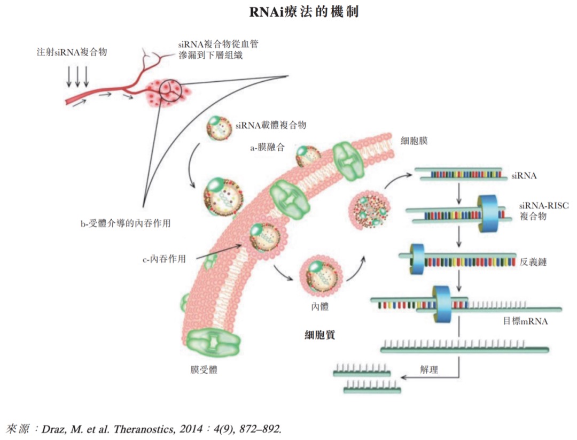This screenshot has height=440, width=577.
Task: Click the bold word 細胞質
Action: [319, 335]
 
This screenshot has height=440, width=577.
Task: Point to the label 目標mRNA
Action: [525, 322]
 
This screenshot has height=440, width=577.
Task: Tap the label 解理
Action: [427, 369]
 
